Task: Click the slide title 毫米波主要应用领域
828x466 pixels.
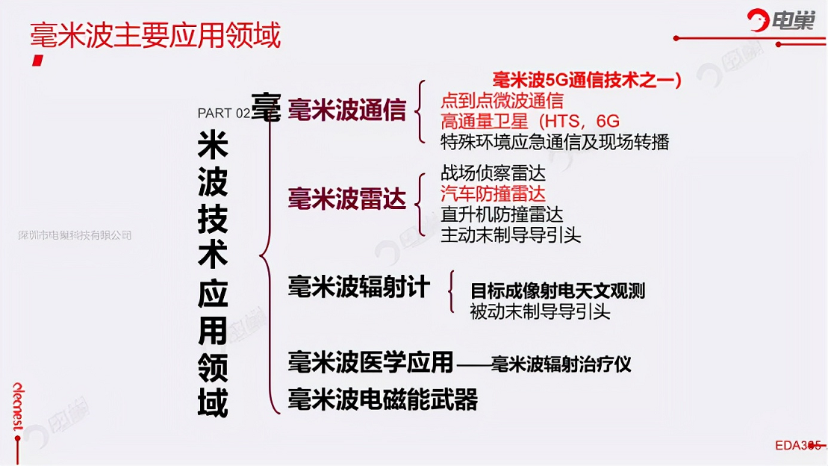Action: click(155, 35)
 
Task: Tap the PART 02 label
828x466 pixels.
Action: click(223, 113)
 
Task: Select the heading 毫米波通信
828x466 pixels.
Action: click(347, 110)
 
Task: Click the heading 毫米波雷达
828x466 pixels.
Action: click(347, 199)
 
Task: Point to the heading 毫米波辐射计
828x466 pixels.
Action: click(358, 288)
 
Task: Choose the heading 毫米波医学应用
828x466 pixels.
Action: click(371, 362)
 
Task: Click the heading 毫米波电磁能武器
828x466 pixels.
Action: click(383, 400)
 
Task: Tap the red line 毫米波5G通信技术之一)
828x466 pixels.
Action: click(587, 79)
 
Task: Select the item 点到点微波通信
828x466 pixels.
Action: click(502, 100)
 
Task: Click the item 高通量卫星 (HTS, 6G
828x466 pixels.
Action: click(530, 121)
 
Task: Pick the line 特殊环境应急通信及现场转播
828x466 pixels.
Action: click(555, 142)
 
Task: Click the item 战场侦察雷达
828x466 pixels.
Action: click(494, 173)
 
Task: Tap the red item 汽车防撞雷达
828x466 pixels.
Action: click(494, 194)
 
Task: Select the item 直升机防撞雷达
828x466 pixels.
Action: click(502, 214)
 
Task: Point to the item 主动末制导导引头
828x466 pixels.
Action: click(511, 235)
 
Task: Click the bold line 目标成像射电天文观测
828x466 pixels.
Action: click(558, 291)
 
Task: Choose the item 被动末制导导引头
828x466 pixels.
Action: click(541, 311)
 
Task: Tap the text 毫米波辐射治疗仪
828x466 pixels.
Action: click(561, 364)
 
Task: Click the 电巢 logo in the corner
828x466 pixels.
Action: click(781, 20)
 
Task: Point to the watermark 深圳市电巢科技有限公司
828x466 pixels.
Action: click(75, 235)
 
